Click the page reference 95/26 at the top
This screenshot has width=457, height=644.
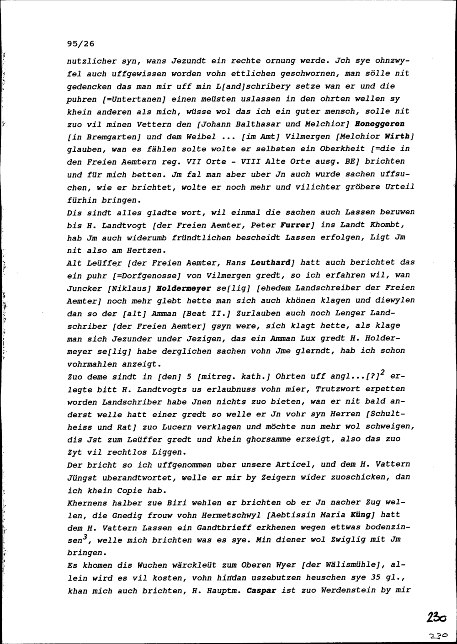click(x=80, y=44)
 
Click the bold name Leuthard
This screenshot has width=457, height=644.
click(x=271, y=263)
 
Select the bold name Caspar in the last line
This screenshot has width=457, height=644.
click(x=262, y=590)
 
